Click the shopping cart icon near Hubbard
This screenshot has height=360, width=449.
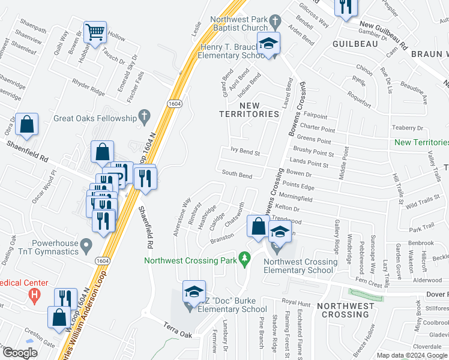click(x=95, y=32)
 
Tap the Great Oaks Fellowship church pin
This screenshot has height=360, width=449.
click(x=143, y=115)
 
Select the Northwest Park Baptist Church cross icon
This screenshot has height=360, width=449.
click(x=274, y=22)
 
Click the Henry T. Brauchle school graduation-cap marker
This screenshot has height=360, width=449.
click(x=268, y=43)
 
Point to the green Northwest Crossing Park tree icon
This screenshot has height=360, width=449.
click(x=244, y=259)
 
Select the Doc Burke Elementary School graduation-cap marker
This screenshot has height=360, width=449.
click(x=194, y=292)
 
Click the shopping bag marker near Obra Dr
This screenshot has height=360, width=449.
click(x=27, y=125)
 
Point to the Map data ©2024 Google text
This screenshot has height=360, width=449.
click(x=412, y=355)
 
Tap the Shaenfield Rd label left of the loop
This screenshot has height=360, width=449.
click(x=28, y=148)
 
